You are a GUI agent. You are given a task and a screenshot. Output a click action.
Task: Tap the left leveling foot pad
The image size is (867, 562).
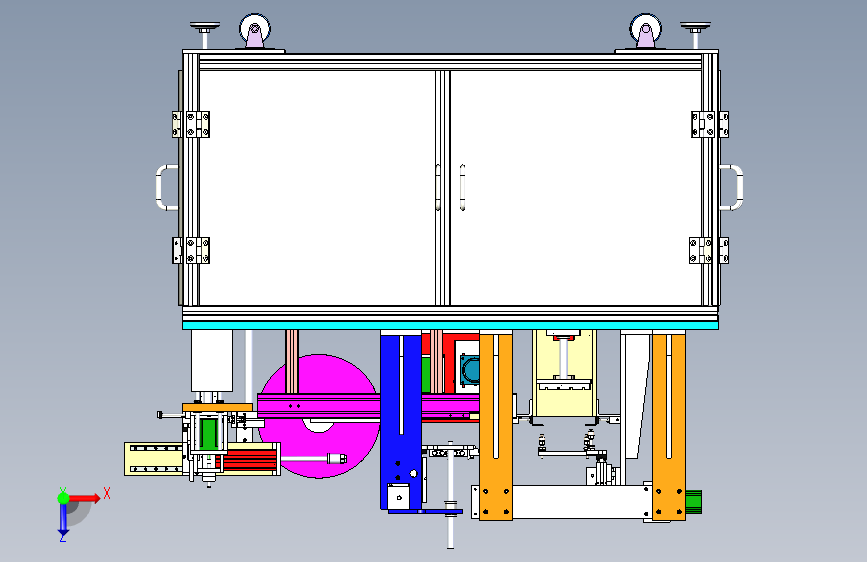(x=205, y=27)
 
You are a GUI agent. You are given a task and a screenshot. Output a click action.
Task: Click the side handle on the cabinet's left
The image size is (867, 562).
(x=163, y=187)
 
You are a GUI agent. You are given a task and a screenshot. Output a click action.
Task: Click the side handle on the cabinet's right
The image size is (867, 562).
(x=734, y=187)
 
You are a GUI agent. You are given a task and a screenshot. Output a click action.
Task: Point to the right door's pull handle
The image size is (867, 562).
(x=462, y=187)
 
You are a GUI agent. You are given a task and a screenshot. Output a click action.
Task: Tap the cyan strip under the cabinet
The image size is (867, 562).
(x=450, y=324)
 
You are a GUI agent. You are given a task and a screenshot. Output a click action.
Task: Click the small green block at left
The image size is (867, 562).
(x=208, y=433)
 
